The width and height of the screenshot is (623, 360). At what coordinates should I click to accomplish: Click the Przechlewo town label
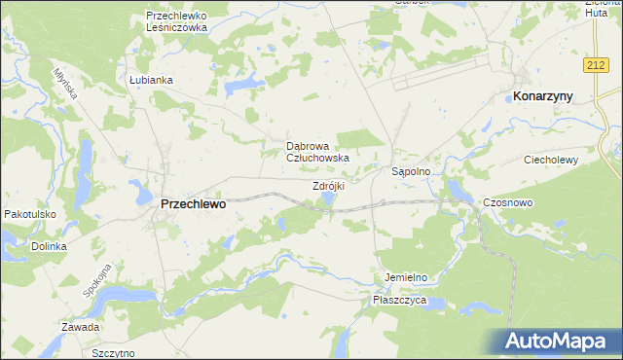(x=192, y=204)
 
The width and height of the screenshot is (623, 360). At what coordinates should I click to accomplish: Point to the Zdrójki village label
(x=329, y=185)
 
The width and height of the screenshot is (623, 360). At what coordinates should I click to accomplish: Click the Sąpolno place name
(x=418, y=170)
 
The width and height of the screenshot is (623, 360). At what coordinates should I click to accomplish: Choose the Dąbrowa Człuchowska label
(x=317, y=151)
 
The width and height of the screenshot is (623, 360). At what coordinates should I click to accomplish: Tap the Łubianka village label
(x=150, y=80)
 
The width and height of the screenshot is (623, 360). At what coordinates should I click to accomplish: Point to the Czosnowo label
(x=505, y=201)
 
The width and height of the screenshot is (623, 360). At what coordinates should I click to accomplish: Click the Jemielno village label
(x=406, y=277)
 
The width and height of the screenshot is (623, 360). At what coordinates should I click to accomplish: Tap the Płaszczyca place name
(x=400, y=302)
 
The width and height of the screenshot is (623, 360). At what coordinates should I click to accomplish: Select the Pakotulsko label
(x=30, y=213)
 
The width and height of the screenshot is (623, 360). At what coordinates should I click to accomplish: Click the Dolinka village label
(x=48, y=246)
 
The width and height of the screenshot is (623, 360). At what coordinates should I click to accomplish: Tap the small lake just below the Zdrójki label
(x=329, y=199)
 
